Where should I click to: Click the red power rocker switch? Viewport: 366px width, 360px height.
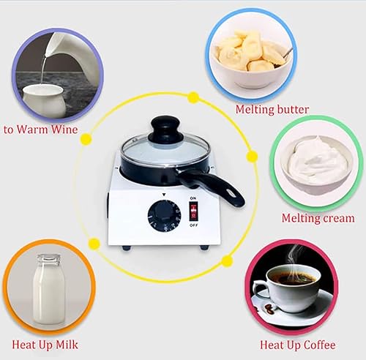[x=193, y=211]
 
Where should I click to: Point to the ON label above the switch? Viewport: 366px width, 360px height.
[x=193, y=198]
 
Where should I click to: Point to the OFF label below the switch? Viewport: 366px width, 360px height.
[x=193, y=225]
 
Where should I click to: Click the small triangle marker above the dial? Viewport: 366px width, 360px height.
[x=164, y=195]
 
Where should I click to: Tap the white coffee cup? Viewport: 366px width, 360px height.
[x=288, y=287]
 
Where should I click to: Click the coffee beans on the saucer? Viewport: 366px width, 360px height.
[x=269, y=310]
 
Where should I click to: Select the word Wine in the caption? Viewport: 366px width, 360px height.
[x=64, y=130]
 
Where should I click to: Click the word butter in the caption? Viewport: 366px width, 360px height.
[x=291, y=109]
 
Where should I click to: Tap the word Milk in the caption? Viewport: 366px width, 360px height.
[x=67, y=345]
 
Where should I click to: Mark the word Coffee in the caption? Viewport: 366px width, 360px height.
[x=320, y=345]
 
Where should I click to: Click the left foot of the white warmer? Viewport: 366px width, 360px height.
[x=127, y=248]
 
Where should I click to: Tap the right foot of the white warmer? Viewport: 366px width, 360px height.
[x=204, y=247]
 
